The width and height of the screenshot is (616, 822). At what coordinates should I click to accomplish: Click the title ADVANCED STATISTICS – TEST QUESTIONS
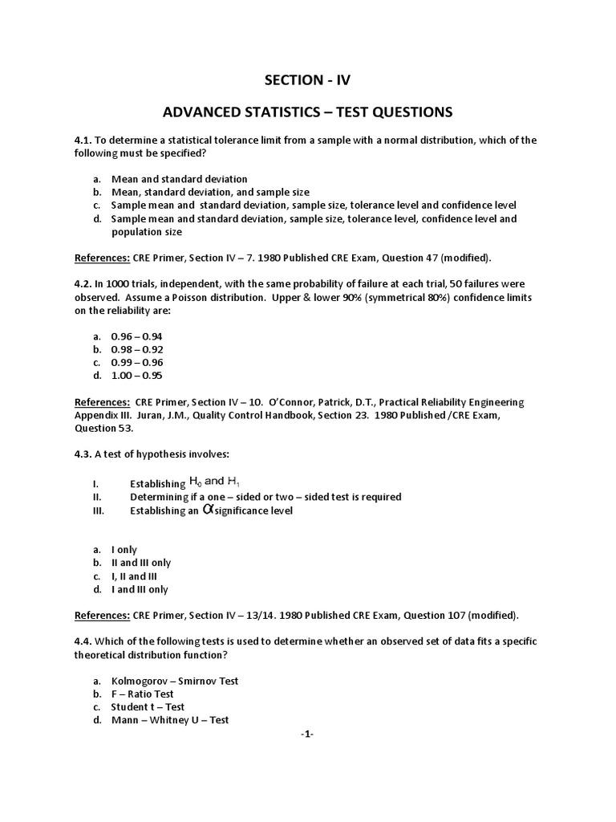[x=307, y=111]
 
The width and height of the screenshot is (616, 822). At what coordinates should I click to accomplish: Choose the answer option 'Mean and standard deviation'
[x=179, y=179]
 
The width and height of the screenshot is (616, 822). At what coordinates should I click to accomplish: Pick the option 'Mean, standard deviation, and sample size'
[x=208, y=193]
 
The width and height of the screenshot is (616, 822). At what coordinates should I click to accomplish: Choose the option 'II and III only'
[x=140, y=564]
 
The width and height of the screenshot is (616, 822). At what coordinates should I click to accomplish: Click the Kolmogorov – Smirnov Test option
[x=174, y=681]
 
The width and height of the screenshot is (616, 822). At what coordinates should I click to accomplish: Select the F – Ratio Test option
[x=142, y=694]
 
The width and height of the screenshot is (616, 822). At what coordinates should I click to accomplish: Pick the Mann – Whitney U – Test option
[x=169, y=720]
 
